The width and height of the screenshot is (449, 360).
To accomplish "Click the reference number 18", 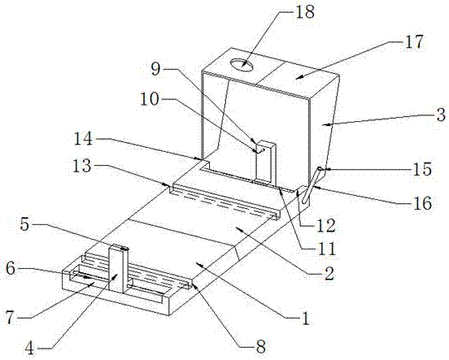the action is tap(305, 12).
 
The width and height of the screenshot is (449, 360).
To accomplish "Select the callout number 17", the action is tap(413, 41).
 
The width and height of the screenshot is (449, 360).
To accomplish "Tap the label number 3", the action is tap(441, 115).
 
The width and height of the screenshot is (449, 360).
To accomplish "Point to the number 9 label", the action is tap(155, 69).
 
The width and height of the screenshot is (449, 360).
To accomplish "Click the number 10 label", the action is tap(149, 100).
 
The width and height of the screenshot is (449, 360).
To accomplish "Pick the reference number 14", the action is tap(83, 139).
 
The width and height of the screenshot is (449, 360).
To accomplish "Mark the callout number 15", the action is tap(422, 168).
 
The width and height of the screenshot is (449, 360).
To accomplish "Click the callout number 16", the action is tap(422, 203).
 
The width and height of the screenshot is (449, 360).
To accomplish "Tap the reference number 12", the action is tap(325, 225).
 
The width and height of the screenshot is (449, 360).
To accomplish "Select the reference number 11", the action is tap(326, 248).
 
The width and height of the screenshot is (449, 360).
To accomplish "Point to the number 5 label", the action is tap(25, 224).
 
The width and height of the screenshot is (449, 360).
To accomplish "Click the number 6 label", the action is tap(11, 269).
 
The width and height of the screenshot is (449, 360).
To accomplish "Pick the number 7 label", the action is tap(11, 318).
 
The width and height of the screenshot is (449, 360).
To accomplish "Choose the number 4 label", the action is tap(29, 349).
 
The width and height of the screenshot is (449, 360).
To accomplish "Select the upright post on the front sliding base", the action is tap(118, 270).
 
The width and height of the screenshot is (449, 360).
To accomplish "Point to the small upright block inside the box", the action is tap(266, 163).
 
